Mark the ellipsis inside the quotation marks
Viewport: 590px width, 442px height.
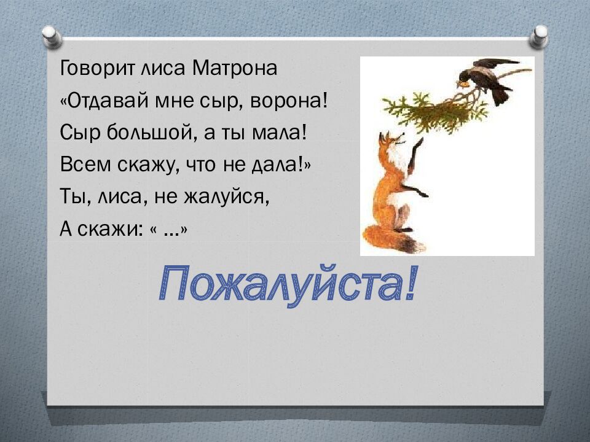coord(172,231)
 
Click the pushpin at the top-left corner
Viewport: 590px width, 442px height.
coord(52,35)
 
